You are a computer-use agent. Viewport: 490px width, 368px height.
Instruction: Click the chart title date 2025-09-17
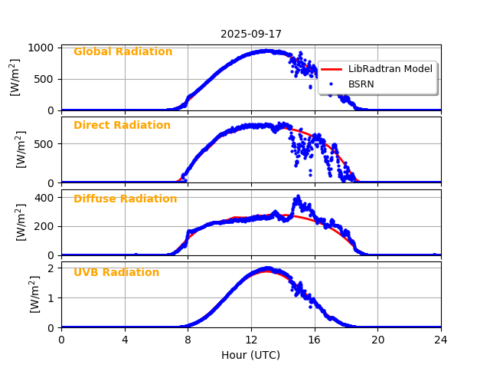[250, 34]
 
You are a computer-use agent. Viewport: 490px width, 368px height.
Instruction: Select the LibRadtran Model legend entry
[390, 69]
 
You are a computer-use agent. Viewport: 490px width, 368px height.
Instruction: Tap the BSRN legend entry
[361, 84]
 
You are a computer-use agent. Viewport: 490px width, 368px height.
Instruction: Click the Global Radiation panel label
[122, 52]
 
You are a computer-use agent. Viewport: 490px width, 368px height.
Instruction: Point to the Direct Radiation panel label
[122, 126]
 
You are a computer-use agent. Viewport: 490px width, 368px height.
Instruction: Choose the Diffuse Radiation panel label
[125, 199]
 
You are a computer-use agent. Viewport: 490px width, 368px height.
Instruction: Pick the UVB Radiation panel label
[116, 273]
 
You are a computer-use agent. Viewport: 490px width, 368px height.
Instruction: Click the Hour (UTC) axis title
[250, 355]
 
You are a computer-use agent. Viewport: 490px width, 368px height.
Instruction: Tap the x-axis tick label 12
[251, 340]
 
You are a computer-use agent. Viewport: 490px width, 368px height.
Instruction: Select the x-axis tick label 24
[441, 340]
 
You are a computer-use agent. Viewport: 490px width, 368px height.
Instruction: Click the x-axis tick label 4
[125, 340]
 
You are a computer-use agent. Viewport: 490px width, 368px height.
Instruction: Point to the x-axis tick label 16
[315, 340]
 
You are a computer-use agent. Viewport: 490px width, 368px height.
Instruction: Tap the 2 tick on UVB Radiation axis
[51, 268]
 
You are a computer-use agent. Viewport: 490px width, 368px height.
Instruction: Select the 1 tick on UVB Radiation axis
[51, 297]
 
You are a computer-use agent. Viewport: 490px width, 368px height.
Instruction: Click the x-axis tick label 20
[377, 340]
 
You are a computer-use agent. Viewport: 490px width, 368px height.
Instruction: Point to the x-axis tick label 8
[188, 340]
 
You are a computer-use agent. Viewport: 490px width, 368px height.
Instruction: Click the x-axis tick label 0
[61, 340]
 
